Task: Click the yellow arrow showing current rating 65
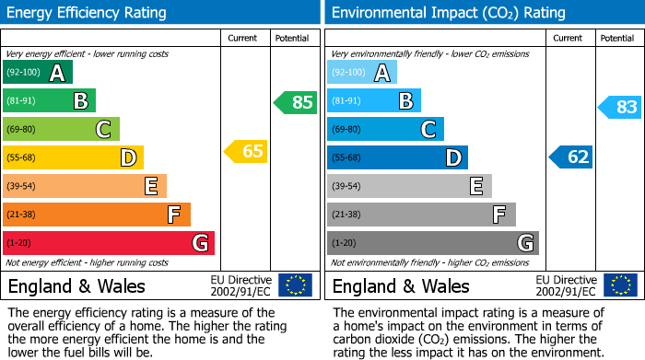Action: tap(247, 151)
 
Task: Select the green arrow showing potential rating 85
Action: tap(297, 102)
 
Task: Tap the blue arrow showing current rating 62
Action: tap(571, 157)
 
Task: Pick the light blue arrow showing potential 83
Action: tap(620, 107)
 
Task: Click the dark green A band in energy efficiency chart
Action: tap(37, 73)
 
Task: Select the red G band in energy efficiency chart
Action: tap(109, 243)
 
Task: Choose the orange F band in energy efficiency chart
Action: tap(97, 215)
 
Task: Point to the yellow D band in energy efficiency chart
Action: tap(73, 157)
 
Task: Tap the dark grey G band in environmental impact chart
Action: tap(433, 243)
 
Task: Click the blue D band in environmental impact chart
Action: tap(397, 157)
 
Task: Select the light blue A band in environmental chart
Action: tap(362, 73)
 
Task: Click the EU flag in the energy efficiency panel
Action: tap(295, 285)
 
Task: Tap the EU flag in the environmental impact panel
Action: tap(619, 285)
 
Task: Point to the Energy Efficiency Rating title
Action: tap(88, 13)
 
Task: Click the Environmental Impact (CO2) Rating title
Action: tap(448, 13)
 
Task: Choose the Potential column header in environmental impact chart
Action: tap(616, 38)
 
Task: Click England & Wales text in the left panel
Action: tap(77, 285)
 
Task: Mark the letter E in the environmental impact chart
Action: tap(475, 186)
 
